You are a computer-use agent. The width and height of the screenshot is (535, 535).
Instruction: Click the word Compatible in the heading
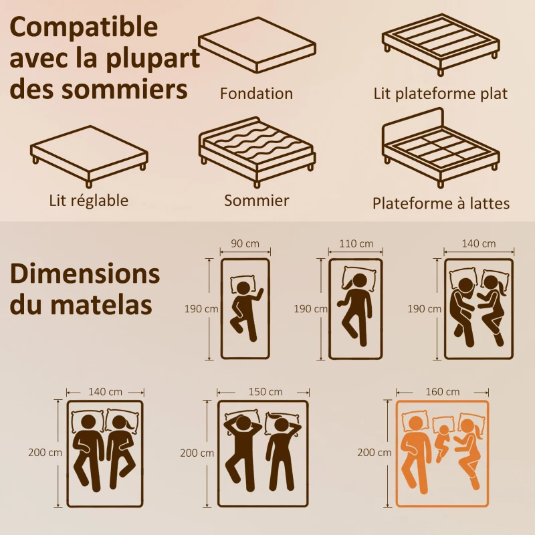(x=84, y=28)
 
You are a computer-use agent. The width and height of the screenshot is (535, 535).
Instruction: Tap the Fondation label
(x=256, y=94)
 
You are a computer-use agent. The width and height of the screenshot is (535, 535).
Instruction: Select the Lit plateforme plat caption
(x=440, y=94)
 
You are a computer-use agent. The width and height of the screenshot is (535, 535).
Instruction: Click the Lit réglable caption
(x=88, y=200)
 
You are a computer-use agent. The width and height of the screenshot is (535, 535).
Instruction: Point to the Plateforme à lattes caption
(x=441, y=203)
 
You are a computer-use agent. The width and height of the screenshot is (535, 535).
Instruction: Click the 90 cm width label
(x=245, y=243)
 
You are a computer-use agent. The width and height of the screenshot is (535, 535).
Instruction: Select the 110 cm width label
(x=356, y=243)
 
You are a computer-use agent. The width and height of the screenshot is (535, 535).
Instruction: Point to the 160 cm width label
(x=442, y=391)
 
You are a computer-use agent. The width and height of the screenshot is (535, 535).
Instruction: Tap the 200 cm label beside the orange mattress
(x=375, y=452)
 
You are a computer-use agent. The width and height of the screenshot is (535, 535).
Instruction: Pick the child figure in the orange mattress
(x=443, y=439)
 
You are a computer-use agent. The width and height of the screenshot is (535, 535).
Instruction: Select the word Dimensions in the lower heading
(x=85, y=274)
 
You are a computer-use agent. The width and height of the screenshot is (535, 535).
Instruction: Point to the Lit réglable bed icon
(x=88, y=152)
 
